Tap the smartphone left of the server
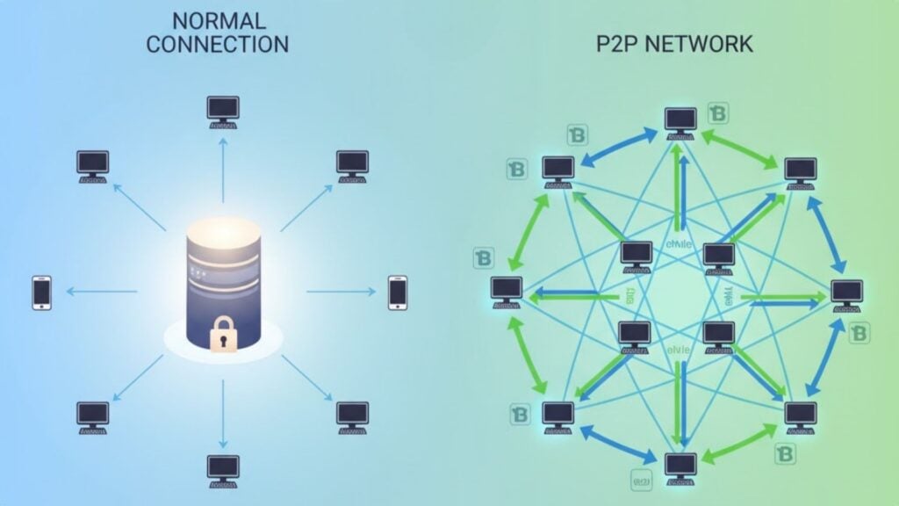41,292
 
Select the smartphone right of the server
398,292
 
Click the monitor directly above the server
222,109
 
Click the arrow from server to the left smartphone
101,292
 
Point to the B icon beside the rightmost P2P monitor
858,333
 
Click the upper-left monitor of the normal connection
92,163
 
